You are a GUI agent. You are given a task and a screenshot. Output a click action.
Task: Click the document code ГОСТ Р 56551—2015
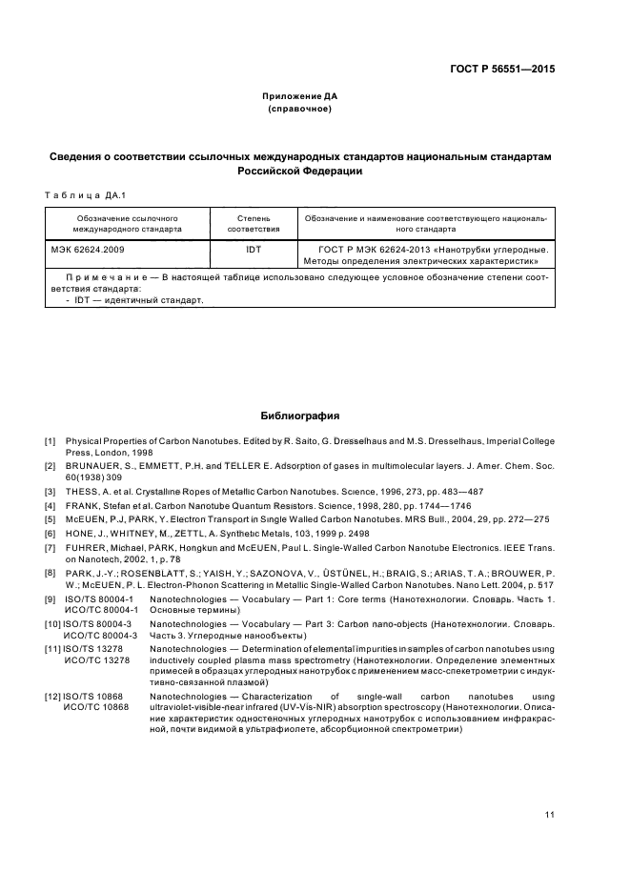click(502, 69)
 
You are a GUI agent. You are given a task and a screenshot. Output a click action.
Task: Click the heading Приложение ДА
click(300, 96)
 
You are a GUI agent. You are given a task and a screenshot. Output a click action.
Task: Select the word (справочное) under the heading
click(300, 109)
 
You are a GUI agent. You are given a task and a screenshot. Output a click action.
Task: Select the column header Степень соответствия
click(254, 224)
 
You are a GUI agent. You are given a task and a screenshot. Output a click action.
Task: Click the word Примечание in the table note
click(103, 276)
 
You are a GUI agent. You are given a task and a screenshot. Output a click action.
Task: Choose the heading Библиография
click(300, 416)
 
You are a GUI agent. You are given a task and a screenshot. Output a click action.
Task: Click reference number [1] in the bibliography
click(51, 441)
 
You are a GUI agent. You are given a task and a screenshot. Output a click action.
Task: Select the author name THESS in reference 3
click(82, 491)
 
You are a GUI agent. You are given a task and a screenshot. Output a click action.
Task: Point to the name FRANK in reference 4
click(83, 505)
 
